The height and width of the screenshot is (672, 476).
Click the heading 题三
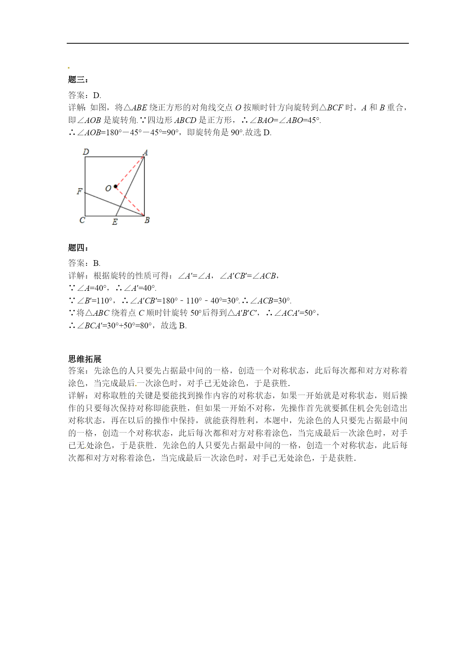(78, 80)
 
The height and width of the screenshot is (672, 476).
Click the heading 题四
(78, 248)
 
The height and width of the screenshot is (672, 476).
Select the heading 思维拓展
(85, 359)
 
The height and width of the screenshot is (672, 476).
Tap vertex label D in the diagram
(86, 152)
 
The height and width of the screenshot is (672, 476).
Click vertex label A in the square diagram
(145, 152)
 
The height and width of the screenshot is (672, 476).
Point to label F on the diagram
(79, 191)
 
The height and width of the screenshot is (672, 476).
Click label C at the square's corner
(82, 220)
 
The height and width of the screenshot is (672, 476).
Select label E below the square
(115, 222)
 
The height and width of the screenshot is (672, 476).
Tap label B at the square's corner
(147, 220)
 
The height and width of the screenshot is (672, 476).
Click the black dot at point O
(115, 187)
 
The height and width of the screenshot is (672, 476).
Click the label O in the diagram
(108, 188)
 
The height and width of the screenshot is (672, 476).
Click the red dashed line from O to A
(130, 171)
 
